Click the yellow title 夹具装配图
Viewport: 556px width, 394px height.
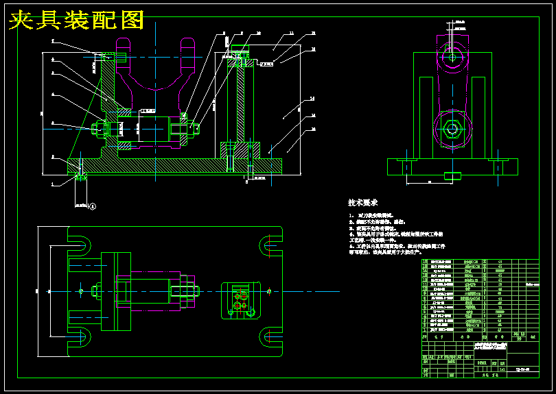76,20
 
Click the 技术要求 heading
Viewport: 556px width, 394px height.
363,204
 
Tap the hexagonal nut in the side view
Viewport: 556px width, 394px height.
452,128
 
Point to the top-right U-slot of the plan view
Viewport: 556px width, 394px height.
270,241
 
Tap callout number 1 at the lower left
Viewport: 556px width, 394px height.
53,184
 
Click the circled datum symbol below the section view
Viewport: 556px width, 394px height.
93,205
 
